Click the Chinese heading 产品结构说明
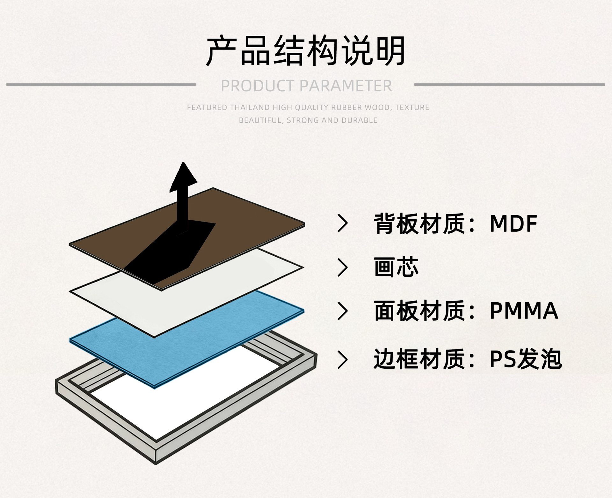306,50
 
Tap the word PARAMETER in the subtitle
346,86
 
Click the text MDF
513,223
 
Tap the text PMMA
523,311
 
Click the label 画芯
396,267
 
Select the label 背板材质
419,223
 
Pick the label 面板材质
419,311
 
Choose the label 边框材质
419,359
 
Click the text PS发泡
525,359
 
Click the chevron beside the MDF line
343,223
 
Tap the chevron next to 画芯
343,267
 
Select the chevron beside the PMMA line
343,311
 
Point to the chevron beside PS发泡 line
343,360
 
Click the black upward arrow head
183,177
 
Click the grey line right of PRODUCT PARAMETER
509,85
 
